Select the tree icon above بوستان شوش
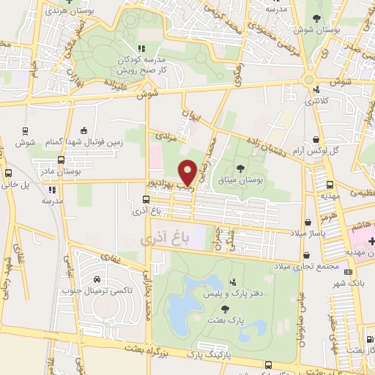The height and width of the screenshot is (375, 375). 316,18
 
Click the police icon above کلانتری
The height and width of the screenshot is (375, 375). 316,90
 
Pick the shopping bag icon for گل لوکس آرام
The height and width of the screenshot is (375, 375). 316,138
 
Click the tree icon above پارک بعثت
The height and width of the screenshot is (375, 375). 224,310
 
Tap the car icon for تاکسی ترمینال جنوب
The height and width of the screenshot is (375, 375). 97,279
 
